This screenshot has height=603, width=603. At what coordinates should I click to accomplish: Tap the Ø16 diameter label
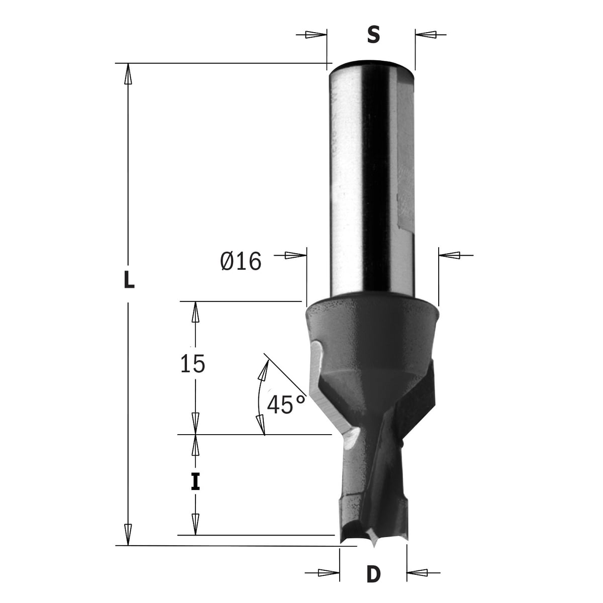[240, 261]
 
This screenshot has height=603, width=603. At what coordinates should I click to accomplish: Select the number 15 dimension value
[192, 364]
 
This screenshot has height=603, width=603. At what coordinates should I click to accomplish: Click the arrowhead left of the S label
[316, 35]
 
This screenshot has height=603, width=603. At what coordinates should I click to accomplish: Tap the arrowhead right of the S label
[426, 35]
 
